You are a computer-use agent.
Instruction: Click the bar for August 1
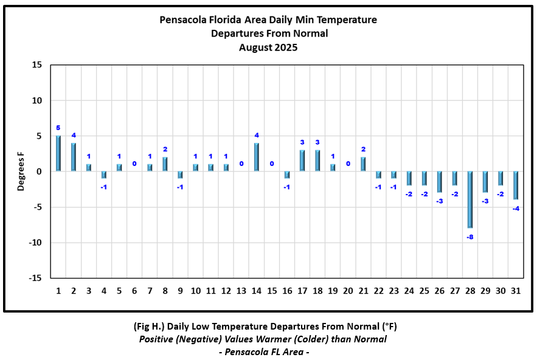[58, 153]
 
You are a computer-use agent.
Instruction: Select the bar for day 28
[470, 199]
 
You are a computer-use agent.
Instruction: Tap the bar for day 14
[257, 157]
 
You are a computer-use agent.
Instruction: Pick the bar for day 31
[516, 185]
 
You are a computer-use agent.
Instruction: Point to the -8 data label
[470, 237]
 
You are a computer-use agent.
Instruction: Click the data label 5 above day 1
[58, 128]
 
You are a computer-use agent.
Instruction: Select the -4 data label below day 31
[516, 209]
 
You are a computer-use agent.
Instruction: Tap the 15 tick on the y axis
[36, 65]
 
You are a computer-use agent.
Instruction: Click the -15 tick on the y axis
[35, 278]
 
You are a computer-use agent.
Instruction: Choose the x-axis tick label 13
[241, 291]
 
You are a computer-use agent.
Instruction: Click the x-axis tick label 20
[348, 291]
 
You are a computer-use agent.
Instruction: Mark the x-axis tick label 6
[134, 291]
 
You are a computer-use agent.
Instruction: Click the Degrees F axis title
[21, 171]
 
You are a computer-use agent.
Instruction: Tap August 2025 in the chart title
[268, 47]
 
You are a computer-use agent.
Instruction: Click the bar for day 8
[165, 164]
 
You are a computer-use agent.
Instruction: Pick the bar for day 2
[74, 157]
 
